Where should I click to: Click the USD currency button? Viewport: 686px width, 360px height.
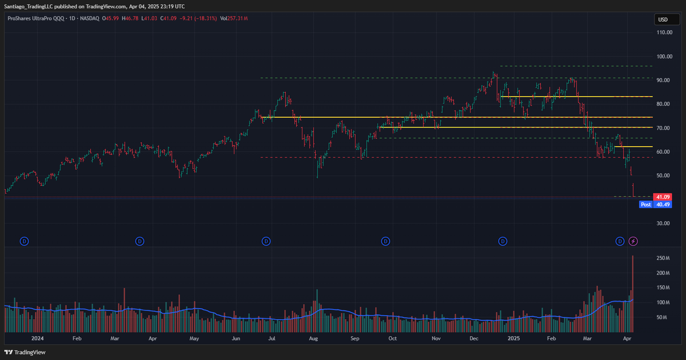click(663, 20)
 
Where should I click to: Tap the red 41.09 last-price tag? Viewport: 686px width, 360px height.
click(661, 197)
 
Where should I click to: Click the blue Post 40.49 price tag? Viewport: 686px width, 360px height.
click(655, 205)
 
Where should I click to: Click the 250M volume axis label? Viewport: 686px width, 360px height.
click(663, 258)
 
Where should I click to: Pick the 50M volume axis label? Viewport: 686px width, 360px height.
click(663, 318)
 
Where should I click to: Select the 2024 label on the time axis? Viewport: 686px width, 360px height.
click(38, 339)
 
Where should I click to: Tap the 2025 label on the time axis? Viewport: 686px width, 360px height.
click(514, 339)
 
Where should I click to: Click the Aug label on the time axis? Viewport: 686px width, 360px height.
click(313, 339)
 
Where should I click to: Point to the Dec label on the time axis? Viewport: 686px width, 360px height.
click(474, 339)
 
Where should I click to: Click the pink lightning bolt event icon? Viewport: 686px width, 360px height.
click(634, 241)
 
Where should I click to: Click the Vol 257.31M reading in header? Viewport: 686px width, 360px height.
click(234, 19)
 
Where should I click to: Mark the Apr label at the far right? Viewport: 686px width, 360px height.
click(627, 339)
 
